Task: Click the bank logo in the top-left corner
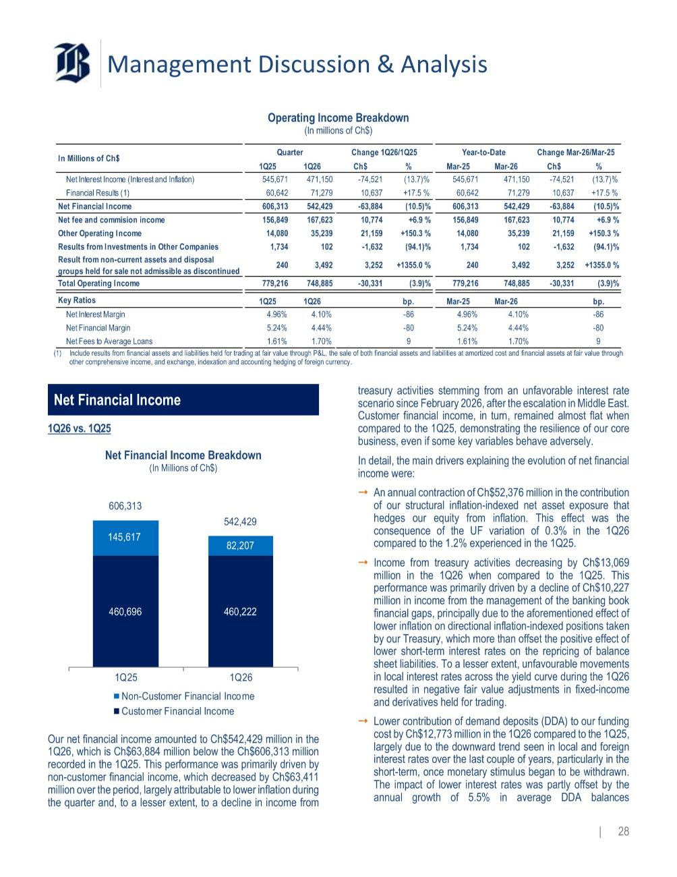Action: (x=73, y=63)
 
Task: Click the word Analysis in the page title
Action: (x=442, y=64)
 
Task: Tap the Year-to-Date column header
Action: (x=483, y=152)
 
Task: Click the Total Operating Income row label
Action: (x=99, y=283)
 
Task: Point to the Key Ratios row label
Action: (x=77, y=300)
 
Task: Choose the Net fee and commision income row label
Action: (x=111, y=220)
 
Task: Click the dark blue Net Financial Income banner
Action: (x=183, y=400)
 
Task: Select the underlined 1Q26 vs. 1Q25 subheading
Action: (x=80, y=428)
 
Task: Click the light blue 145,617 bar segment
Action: (x=125, y=538)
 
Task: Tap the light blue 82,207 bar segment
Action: (x=240, y=546)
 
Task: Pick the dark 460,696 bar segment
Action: (x=125, y=611)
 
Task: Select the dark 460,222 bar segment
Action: (x=240, y=611)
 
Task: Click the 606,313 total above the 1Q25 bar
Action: (x=125, y=505)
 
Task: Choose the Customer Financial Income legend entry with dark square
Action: (x=177, y=711)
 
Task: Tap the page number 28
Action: (x=623, y=832)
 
